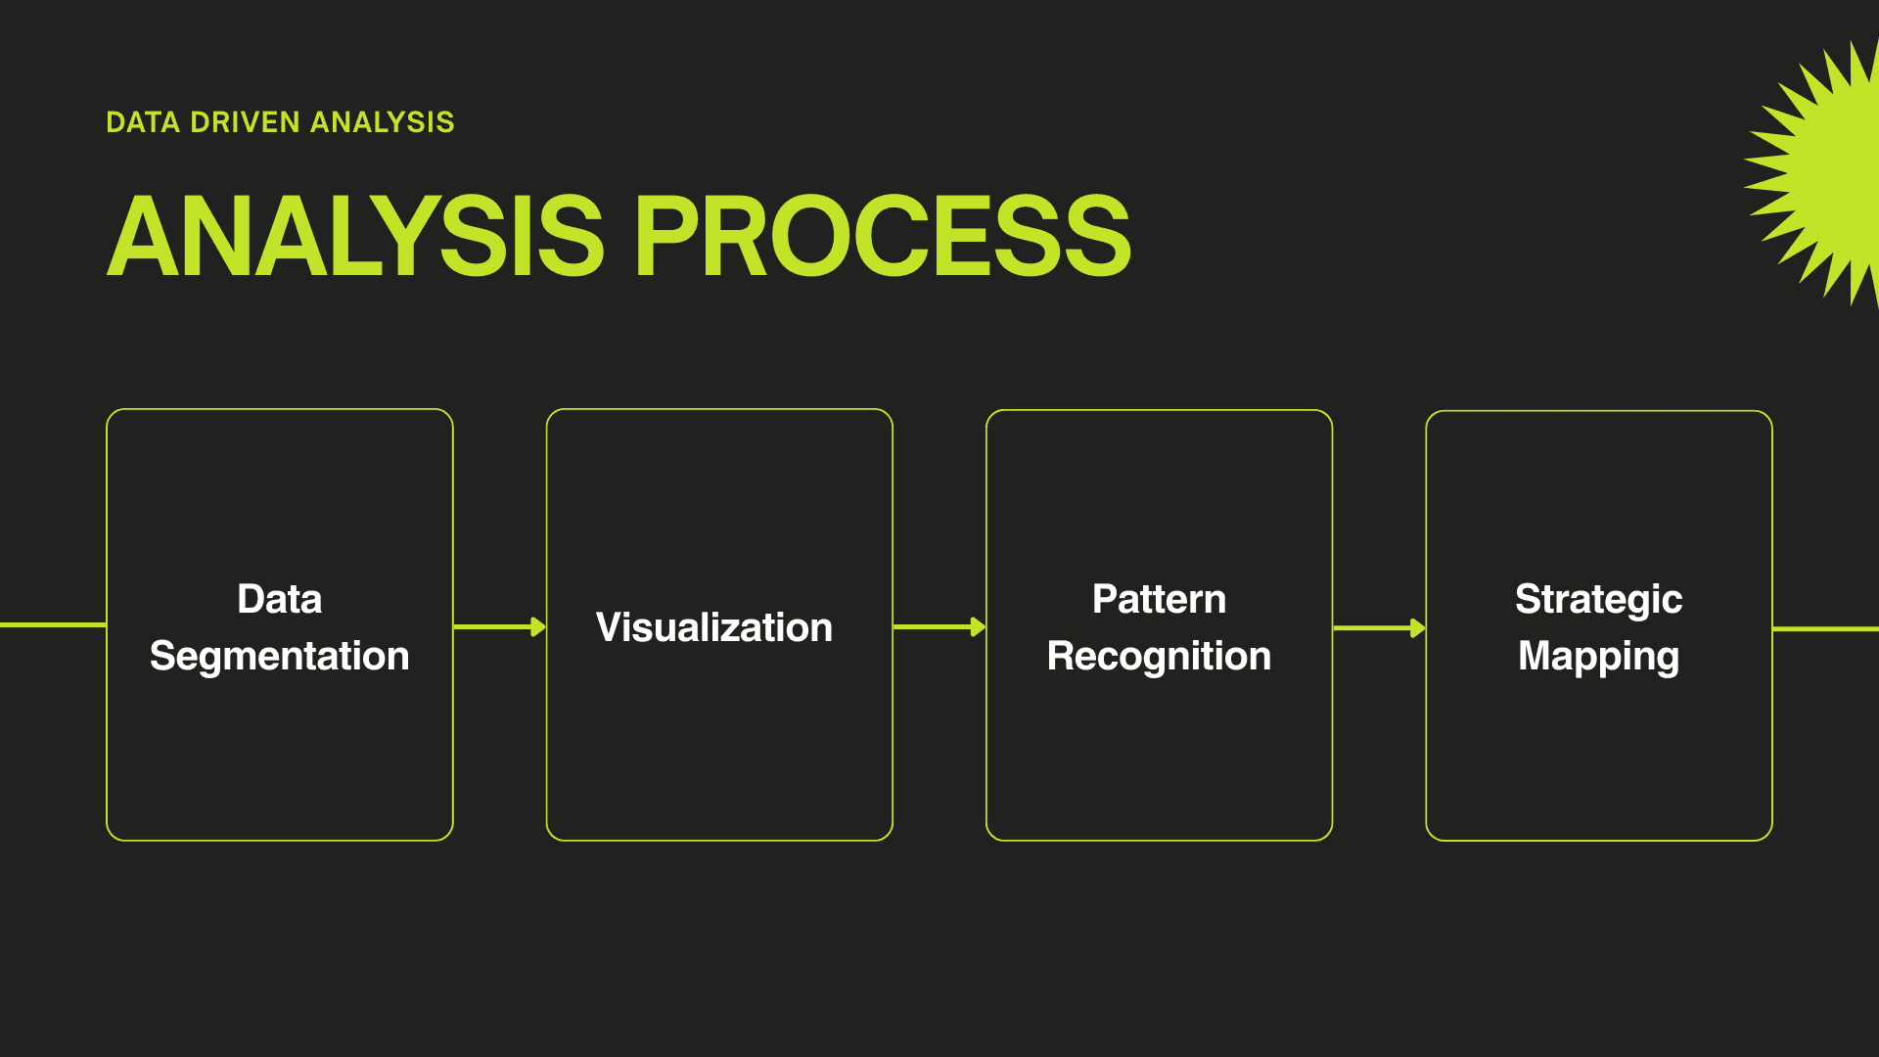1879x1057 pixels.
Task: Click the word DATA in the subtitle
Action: pos(143,122)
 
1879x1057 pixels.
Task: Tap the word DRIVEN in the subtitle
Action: pos(245,122)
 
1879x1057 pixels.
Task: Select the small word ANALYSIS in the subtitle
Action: pos(382,122)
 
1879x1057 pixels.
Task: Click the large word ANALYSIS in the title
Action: pos(355,235)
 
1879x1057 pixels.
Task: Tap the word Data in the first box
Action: pos(280,599)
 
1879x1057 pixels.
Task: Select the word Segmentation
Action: pos(280,657)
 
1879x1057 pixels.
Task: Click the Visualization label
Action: pos(714,627)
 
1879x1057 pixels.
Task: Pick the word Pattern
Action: pos(1159,599)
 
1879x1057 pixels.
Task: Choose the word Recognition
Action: pos(1159,657)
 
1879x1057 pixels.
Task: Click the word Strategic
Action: pos(1599,599)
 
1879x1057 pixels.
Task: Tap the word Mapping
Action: pos(1599,657)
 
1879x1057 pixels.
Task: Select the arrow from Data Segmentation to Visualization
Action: pos(500,626)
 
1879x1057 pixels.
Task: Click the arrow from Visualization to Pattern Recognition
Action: pos(939,626)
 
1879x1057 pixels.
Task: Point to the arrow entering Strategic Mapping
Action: pos(1380,627)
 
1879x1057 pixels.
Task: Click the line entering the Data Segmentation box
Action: pos(53,624)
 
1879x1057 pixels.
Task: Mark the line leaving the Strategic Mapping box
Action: pos(1826,628)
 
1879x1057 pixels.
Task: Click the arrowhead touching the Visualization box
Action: pos(538,626)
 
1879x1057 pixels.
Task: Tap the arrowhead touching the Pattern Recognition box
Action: pos(978,626)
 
